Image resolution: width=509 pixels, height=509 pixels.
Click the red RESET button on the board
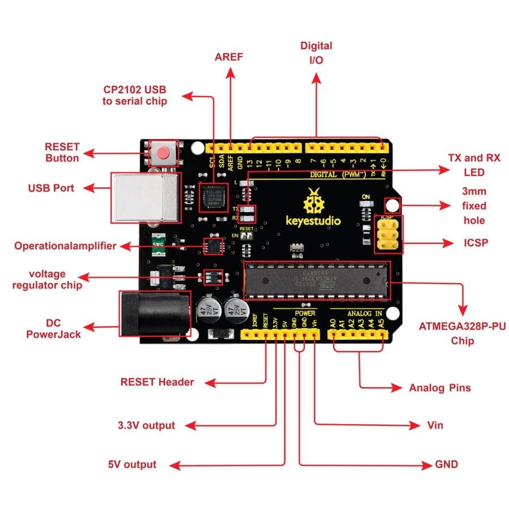pyautogui.click(x=163, y=153)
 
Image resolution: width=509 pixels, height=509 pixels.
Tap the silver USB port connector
pyautogui.click(x=146, y=196)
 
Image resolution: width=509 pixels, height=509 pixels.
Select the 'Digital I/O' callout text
pyautogui.click(x=316, y=53)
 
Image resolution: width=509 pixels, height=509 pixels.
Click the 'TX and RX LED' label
pyautogui.click(x=466, y=165)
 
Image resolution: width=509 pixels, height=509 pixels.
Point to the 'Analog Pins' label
pyautogui.click(x=439, y=388)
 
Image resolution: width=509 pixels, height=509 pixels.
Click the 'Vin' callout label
pyautogui.click(x=435, y=425)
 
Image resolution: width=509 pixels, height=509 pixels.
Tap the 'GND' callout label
pyautogui.click(x=446, y=464)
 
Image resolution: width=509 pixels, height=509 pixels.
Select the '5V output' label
pyautogui.click(x=132, y=464)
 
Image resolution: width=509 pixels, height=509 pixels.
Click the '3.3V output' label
pyautogui.click(x=146, y=425)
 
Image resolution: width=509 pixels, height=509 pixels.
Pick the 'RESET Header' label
pyautogui.click(x=157, y=382)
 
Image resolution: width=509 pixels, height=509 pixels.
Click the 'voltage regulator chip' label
pyautogui.click(x=48, y=279)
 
